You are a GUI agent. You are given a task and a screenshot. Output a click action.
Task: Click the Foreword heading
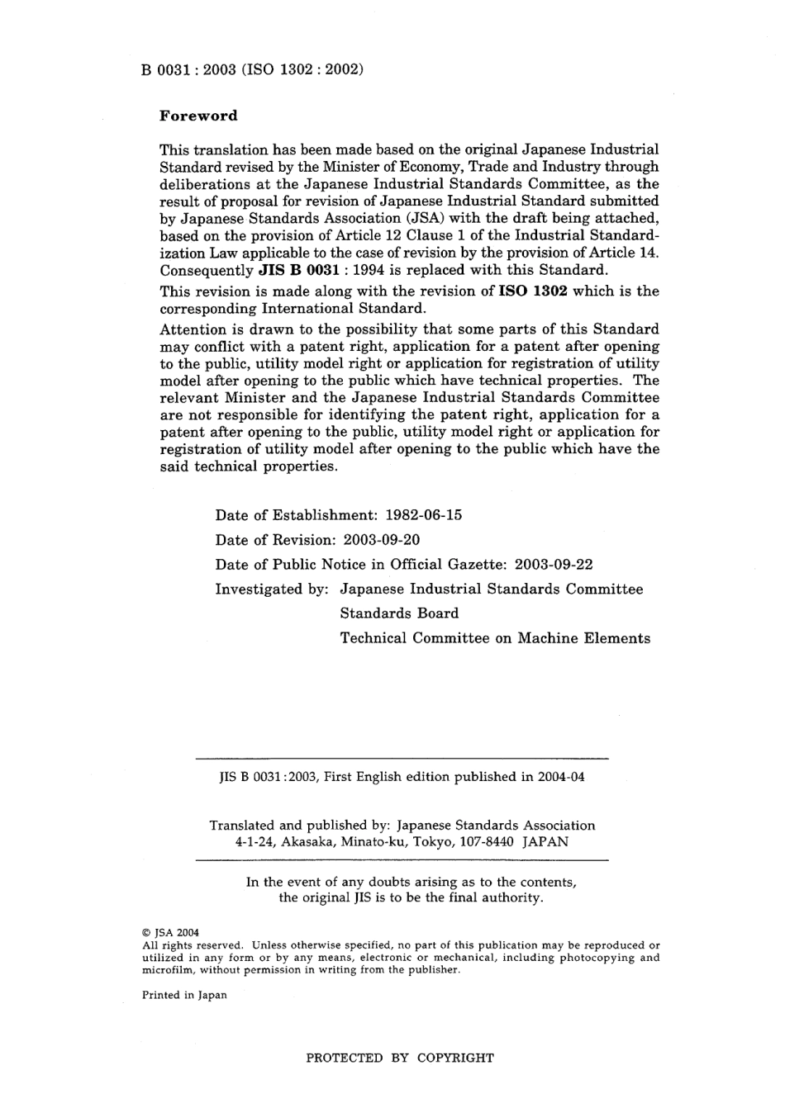pyautogui.click(x=197, y=116)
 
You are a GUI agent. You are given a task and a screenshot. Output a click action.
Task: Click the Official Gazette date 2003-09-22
pyautogui.click(x=553, y=565)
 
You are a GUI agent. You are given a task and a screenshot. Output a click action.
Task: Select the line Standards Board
pyautogui.click(x=399, y=613)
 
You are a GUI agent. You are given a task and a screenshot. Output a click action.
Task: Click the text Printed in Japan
pyautogui.click(x=184, y=995)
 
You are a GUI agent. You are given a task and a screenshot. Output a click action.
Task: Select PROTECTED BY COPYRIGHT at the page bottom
pyautogui.click(x=400, y=1058)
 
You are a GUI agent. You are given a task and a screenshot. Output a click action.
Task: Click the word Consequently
pyautogui.click(x=206, y=270)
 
